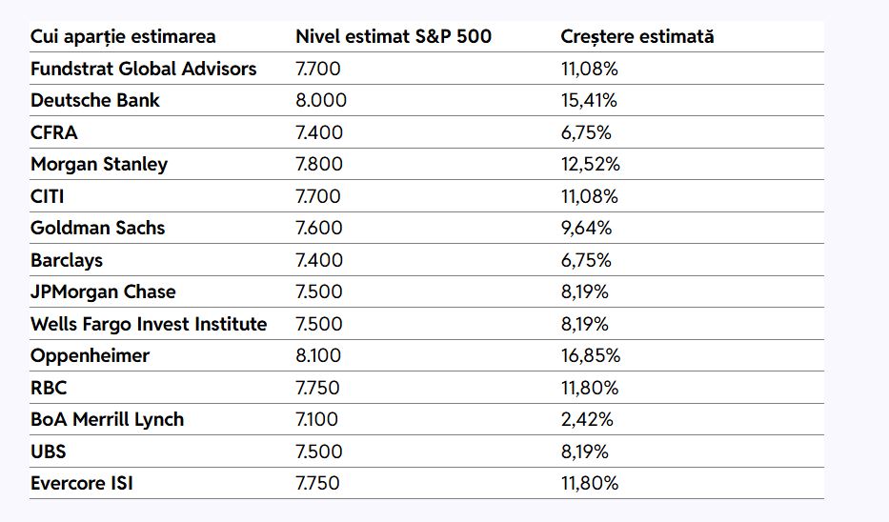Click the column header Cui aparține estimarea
(x=123, y=36)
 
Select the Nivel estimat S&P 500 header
(x=394, y=36)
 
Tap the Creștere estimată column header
(x=637, y=36)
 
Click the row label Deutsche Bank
(x=95, y=100)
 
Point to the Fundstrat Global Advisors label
(x=144, y=69)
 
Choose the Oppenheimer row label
(x=90, y=355)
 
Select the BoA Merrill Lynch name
(x=107, y=419)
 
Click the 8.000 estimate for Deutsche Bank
(x=321, y=100)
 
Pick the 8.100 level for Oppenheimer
(x=320, y=355)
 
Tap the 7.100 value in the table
(x=317, y=419)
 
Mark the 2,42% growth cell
(x=586, y=419)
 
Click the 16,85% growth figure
(x=591, y=355)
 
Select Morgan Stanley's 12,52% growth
(x=591, y=164)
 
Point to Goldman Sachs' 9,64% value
(x=586, y=228)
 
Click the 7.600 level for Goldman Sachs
(x=319, y=228)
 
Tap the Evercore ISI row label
(x=82, y=483)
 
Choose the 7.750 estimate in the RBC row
(x=318, y=388)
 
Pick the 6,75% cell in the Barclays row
(x=586, y=260)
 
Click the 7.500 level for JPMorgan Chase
(x=319, y=291)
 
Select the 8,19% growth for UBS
(x=585, y=452)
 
